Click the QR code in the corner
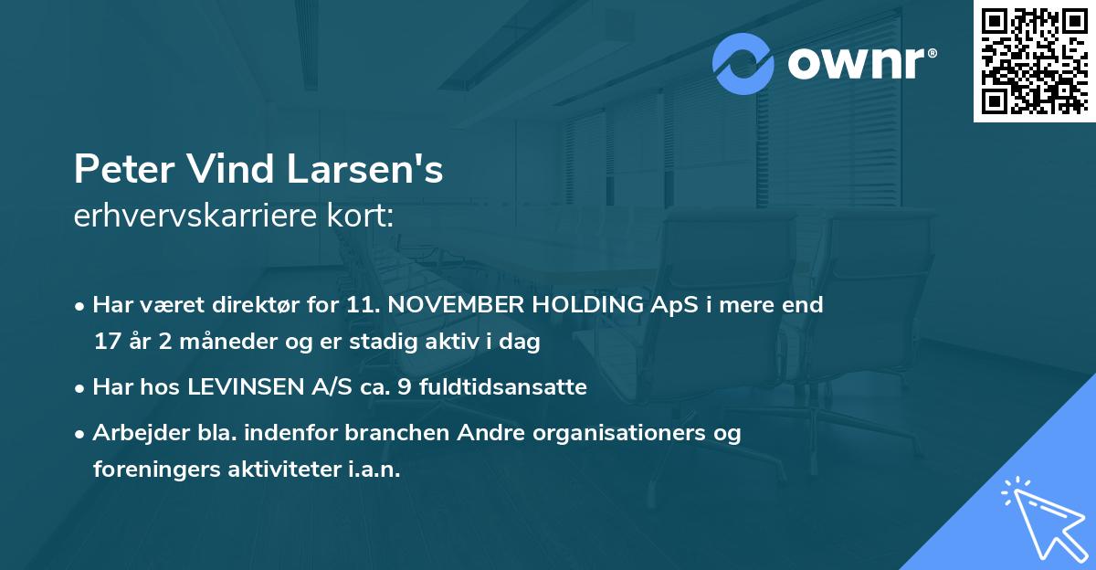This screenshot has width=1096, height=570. point(1035,60)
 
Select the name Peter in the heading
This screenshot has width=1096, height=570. point(124,171)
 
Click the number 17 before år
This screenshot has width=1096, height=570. point(106,343)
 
